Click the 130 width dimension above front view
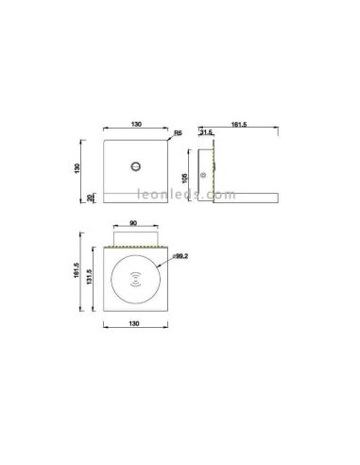(137, 125)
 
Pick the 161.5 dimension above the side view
(239, 125)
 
